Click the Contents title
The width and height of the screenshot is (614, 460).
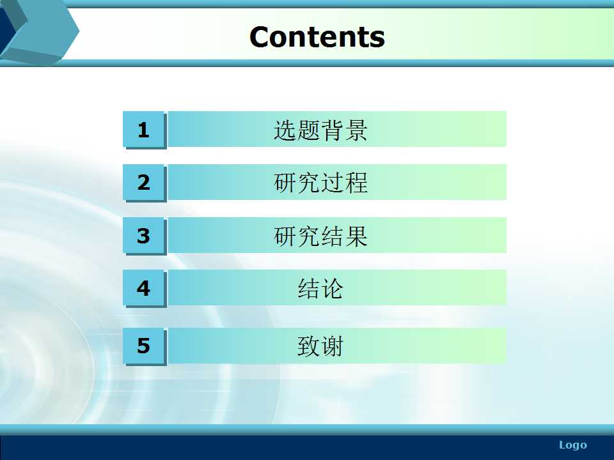317,37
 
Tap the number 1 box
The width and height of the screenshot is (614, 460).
145,130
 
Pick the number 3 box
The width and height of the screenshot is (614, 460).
145,236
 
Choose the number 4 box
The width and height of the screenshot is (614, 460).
145,289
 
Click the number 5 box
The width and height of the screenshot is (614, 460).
145,346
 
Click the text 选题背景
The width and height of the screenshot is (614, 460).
320,130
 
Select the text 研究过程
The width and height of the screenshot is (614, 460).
320,183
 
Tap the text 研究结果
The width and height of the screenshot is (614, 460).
320,236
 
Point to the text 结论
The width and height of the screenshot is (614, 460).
320,289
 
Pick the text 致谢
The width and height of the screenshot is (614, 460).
320,346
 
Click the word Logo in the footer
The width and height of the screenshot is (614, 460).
573,445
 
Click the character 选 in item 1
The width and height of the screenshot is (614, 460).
285,130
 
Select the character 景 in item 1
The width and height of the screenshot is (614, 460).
356,130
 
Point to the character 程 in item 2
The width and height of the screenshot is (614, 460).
356,183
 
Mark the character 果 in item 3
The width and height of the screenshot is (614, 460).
356,236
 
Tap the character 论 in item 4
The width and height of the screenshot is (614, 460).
333,289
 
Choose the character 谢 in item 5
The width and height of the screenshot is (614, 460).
333,346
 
